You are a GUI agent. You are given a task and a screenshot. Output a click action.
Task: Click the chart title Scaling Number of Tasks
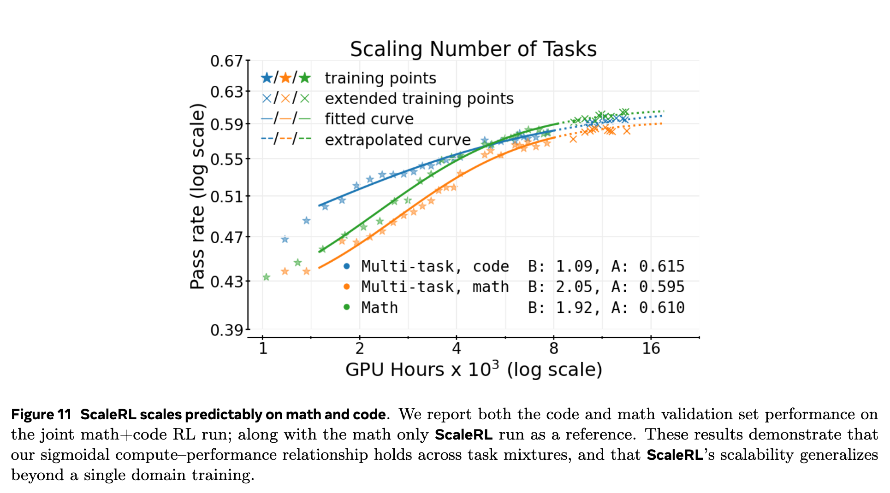click(x=473, y=49)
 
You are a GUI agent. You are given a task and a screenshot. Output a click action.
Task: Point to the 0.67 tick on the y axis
click(x=226, y=61)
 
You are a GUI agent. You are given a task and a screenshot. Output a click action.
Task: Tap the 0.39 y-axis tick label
click(x=226, y=330)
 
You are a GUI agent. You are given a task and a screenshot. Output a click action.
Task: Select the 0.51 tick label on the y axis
click(x=226, y=197)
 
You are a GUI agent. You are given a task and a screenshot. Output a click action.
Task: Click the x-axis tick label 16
click(x=651, y=348)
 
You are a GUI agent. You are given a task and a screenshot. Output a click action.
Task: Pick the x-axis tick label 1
click(x=263, y=348)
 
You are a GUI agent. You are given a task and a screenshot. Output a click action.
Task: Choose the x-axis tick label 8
click(x=553, y=348)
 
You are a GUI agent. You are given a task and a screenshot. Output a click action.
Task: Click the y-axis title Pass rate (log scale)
click(x=197, y=197)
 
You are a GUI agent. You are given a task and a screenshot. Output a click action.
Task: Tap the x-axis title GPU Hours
click(x=474, y=370)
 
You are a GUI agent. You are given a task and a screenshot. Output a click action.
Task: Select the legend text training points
click(x=380, y=78)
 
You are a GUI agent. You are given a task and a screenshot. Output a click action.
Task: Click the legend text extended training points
click(x=419, y=99)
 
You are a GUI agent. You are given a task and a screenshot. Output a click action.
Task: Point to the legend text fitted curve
click(x=369, y=119)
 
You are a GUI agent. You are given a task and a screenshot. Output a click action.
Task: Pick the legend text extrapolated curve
click(x=398, y=140)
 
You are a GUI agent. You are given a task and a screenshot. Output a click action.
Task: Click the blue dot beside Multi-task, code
click(x=347, y=266)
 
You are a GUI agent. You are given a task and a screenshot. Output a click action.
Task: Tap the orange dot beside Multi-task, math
click(x=347, y=287)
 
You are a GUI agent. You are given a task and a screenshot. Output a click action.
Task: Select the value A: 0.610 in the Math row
click(x=648, y=307)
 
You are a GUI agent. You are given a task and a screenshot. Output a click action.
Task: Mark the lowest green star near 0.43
click(x=266, y=277)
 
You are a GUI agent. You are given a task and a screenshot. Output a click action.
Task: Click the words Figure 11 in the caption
click(x=41, y=414)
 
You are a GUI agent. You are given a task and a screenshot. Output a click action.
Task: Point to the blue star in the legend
click(x=267, y=78)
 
